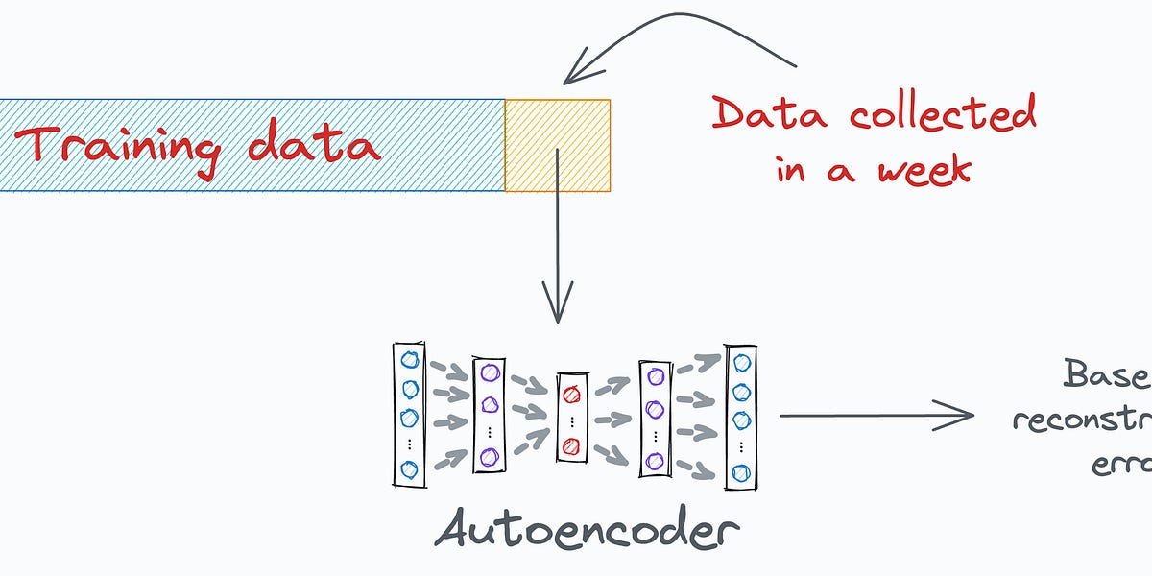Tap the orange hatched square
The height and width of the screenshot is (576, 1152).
pyautogui.click(x=558, y=146)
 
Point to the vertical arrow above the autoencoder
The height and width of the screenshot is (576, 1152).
pyautogui.click(x=557, y=240)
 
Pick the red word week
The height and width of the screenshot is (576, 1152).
pyautogui.click(x=924, y=169)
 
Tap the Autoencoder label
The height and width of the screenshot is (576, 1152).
pyautogui.click(x=587, y=527)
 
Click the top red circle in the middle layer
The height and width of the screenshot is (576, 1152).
pyautogui.click(x=571, y=393)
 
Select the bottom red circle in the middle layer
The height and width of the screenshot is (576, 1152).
pyautogui.click(x=571, y=444)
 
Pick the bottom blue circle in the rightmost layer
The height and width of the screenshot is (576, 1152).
pyautogui.click(x=740, y=472)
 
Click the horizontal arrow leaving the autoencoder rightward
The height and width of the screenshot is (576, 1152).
pyautogui.click(x=874, y=416)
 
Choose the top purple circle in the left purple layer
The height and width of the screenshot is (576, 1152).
pyautogui.click(x=489, y=372)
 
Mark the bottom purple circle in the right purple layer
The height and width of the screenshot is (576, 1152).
pyautogui.click(x=656, y=460)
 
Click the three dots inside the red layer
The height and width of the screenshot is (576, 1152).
pyautogui.click(x=571, y=420)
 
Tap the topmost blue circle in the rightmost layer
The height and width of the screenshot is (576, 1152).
pyautogui.click(x=740, y=362)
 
